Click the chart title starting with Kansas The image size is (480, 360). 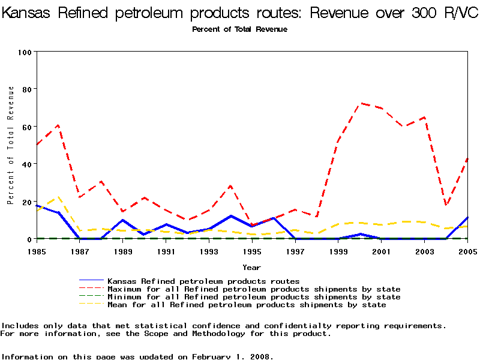click(x=240, y=14)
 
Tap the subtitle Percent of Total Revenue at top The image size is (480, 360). click(x=239, y=29)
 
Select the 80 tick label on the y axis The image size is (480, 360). click(x=26, y=89)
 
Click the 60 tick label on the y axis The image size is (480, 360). click(x=26, y=127)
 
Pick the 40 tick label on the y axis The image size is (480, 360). click(x=26, y=164)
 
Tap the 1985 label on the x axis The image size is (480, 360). click(x=37, y=251)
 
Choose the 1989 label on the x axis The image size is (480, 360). click(x=123, y=251)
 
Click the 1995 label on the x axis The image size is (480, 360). click(x=252, y=251)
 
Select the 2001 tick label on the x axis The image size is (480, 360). click(x=381, y=251)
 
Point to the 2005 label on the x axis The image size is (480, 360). click(x=467, y=251)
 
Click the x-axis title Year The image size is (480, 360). click(x=251, y=267)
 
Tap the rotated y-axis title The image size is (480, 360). click(x=11, y=145)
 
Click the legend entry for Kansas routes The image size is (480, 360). click(x=203, y=281)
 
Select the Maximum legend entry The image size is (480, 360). click(x=253, y=289)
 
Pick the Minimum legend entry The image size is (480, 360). click(x=253, y=297)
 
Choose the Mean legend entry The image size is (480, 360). click(x=246, y=305)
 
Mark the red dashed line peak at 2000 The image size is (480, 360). click(x=360, y=103)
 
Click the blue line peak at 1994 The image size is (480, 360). click(x=230, y=216)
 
